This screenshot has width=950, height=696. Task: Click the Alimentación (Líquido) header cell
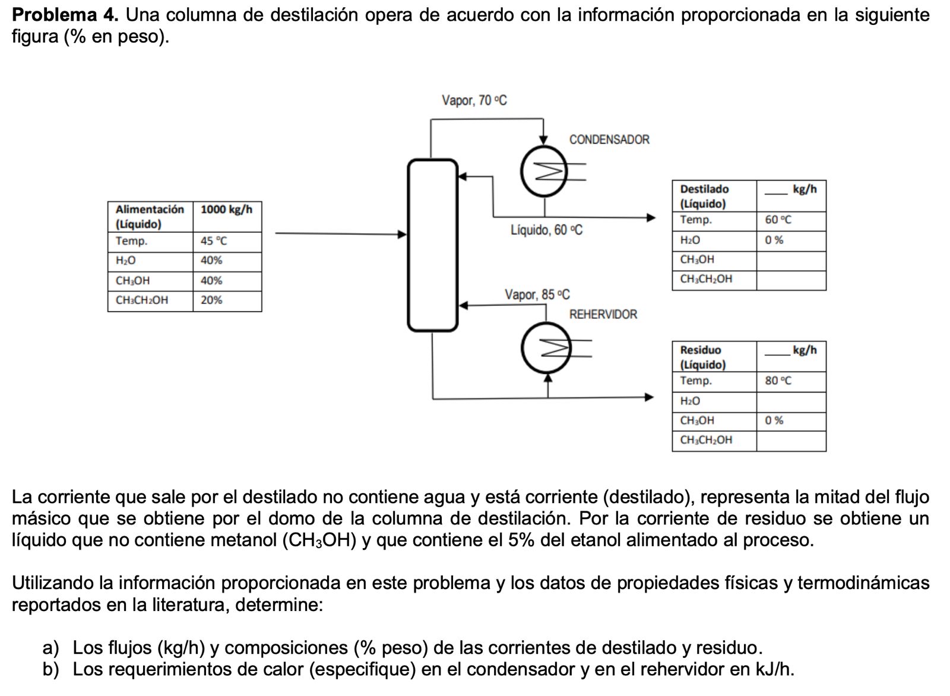tap(150, 217)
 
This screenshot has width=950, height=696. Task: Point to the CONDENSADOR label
tap(609, 140)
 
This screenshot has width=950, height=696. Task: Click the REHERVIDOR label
tap(603, 314)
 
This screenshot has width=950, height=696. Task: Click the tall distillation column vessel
tap(433, 245)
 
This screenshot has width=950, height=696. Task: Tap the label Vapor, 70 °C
tap(474, 100)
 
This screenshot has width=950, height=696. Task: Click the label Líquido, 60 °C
tap(547, 230)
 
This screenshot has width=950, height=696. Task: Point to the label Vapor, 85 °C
tap(537, 295)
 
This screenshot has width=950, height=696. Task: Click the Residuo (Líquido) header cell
tap(714, 357)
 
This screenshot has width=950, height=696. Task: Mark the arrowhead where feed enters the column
tap(402, 234)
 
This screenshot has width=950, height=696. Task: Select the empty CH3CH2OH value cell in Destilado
tap(791, 279)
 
